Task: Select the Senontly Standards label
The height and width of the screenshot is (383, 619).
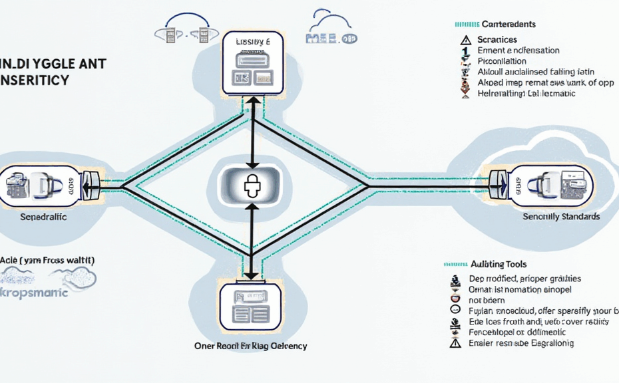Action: click(x=561, y=217)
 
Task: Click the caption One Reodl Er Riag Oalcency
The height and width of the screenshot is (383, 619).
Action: click(x=251, y=346)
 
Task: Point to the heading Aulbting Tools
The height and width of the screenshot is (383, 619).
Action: click(x=499, y=264)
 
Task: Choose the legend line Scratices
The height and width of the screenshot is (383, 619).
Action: click(x=497, y=40)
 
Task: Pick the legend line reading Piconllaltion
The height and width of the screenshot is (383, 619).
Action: click(x=507, y=61)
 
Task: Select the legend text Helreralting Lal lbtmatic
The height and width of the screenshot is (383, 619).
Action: click(x=526, y=94)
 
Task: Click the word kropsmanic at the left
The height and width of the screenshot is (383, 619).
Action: click(x=35, y=293)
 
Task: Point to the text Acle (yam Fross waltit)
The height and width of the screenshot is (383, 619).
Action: click(x=47, y=260)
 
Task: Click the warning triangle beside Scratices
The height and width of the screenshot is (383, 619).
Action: click(x=465, y=40)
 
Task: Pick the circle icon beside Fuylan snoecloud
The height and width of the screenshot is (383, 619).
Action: click(x=455, y=311)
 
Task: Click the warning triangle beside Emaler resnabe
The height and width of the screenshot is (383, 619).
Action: click(x=455, y=343)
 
